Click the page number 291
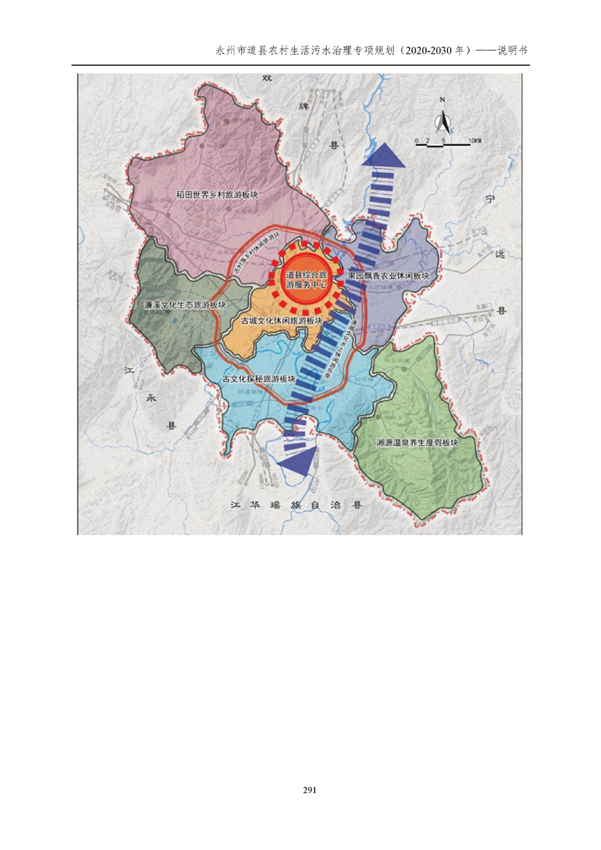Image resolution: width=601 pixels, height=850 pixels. click(x=309, y=790)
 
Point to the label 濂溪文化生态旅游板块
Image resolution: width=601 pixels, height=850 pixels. click(x=186, y=305)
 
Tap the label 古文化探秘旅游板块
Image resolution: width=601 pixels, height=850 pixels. click(x=258, y=378)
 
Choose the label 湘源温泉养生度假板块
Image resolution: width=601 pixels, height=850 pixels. click(x=418, y=442)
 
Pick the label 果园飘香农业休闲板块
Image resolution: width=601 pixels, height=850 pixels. click(x=388, y=277)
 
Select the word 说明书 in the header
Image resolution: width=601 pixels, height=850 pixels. click(x=513, y=50)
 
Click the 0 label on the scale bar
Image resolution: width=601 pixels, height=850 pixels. click(x=416, y=142)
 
